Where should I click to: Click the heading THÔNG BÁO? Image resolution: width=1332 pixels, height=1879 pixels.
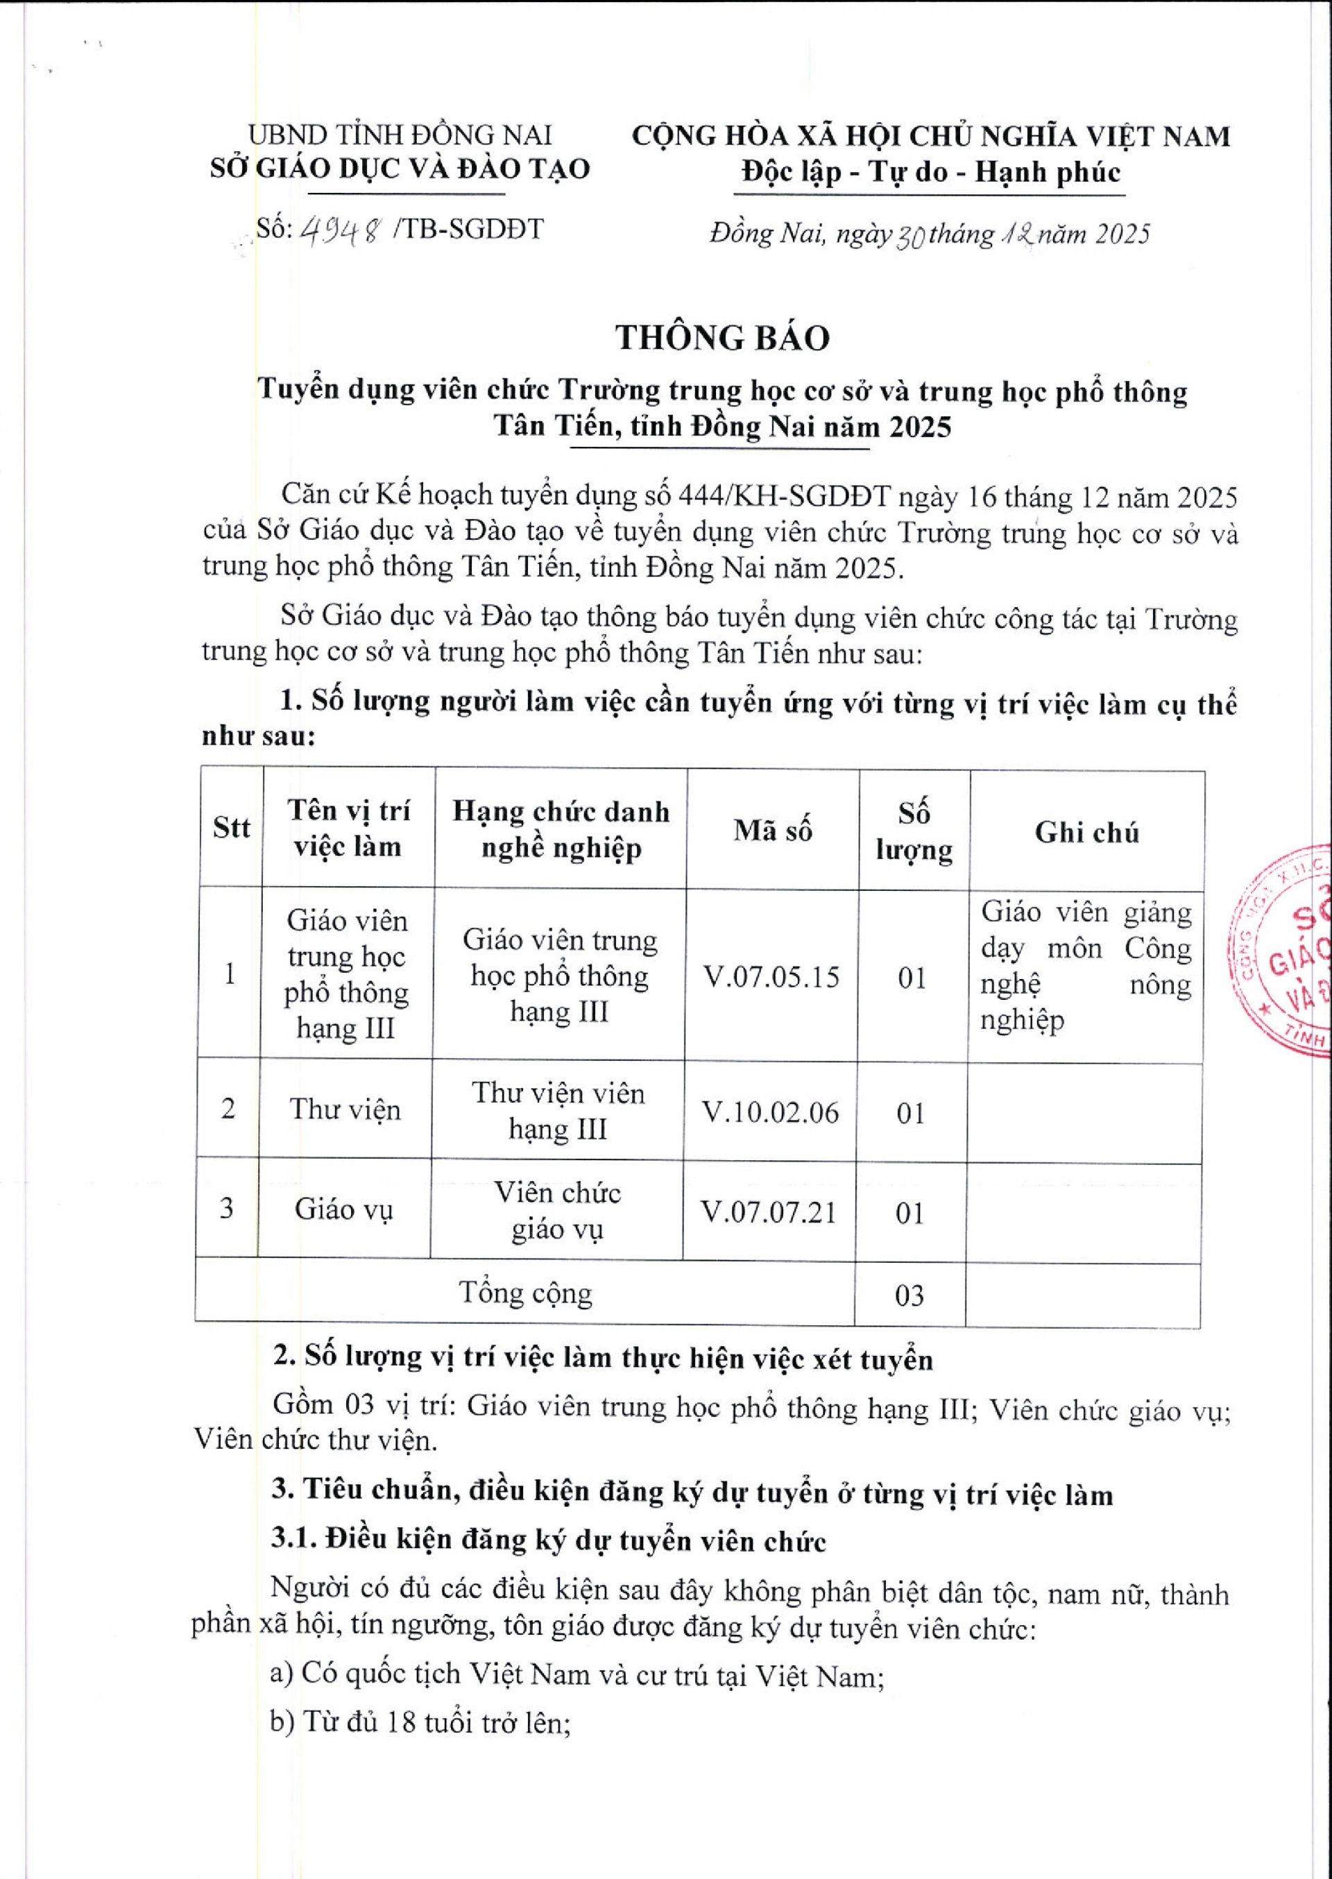(x=723, y=337)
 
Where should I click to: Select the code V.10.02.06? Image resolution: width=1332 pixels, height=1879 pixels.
(x=771, y=1112)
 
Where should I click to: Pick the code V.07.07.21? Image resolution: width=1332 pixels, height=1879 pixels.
(x=769, y=1211)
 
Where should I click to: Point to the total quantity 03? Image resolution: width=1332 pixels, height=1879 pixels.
(x=910, y=1295)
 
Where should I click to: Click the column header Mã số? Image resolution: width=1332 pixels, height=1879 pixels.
(x=773, y=830)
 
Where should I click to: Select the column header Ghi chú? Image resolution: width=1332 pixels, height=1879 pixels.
(x=1087, y=833)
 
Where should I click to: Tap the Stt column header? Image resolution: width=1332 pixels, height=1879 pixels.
(x=231, y=828)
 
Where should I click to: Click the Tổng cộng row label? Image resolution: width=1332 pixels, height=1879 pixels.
(x=525, y=1293)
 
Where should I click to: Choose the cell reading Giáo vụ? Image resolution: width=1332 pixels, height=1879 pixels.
(x=343, y=1209)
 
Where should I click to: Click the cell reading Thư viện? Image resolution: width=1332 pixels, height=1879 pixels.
(x=345, y=1109)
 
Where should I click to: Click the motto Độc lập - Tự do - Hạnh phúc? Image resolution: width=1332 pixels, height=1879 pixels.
(x=930, y=172)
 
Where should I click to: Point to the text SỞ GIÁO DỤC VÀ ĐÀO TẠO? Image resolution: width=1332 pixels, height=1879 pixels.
(x=400, y=168)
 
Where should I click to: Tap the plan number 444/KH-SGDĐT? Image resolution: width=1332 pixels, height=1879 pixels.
(x=786, y=496)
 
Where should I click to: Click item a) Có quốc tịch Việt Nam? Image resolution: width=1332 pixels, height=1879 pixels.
(x=577, y=1673)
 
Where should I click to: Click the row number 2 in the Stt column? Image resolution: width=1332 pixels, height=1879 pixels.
(x=228, y=1109)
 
